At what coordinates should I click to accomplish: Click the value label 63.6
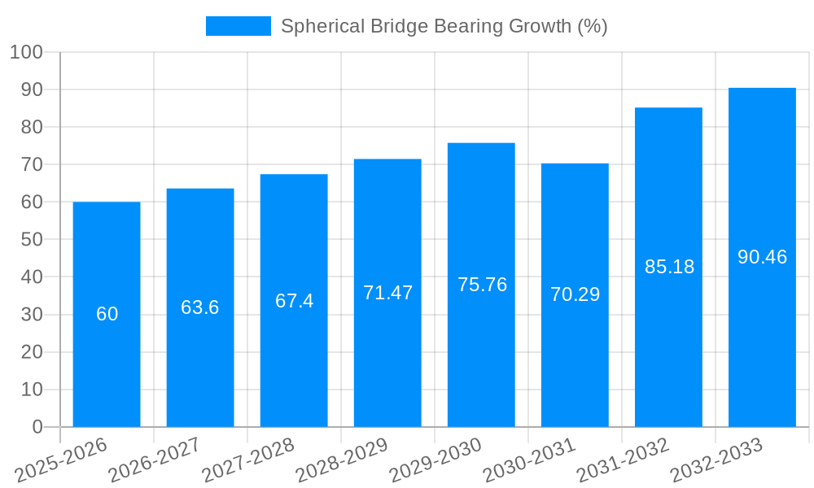click(200, 307)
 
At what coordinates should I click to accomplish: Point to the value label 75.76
click(482, 285)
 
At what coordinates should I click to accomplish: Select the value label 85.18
click(669, 266)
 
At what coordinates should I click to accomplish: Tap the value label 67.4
click(294, 301)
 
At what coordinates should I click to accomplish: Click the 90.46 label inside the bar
click(762, 257)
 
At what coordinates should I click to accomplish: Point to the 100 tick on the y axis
click(25, 53)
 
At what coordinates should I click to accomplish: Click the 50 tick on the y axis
click(31, 240)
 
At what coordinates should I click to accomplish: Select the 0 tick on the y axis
click(37, 427)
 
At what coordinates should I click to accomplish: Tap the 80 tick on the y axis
click(31, 128)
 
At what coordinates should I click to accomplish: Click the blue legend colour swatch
click(238, 26)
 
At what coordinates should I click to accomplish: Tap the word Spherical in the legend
click(316, 26)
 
